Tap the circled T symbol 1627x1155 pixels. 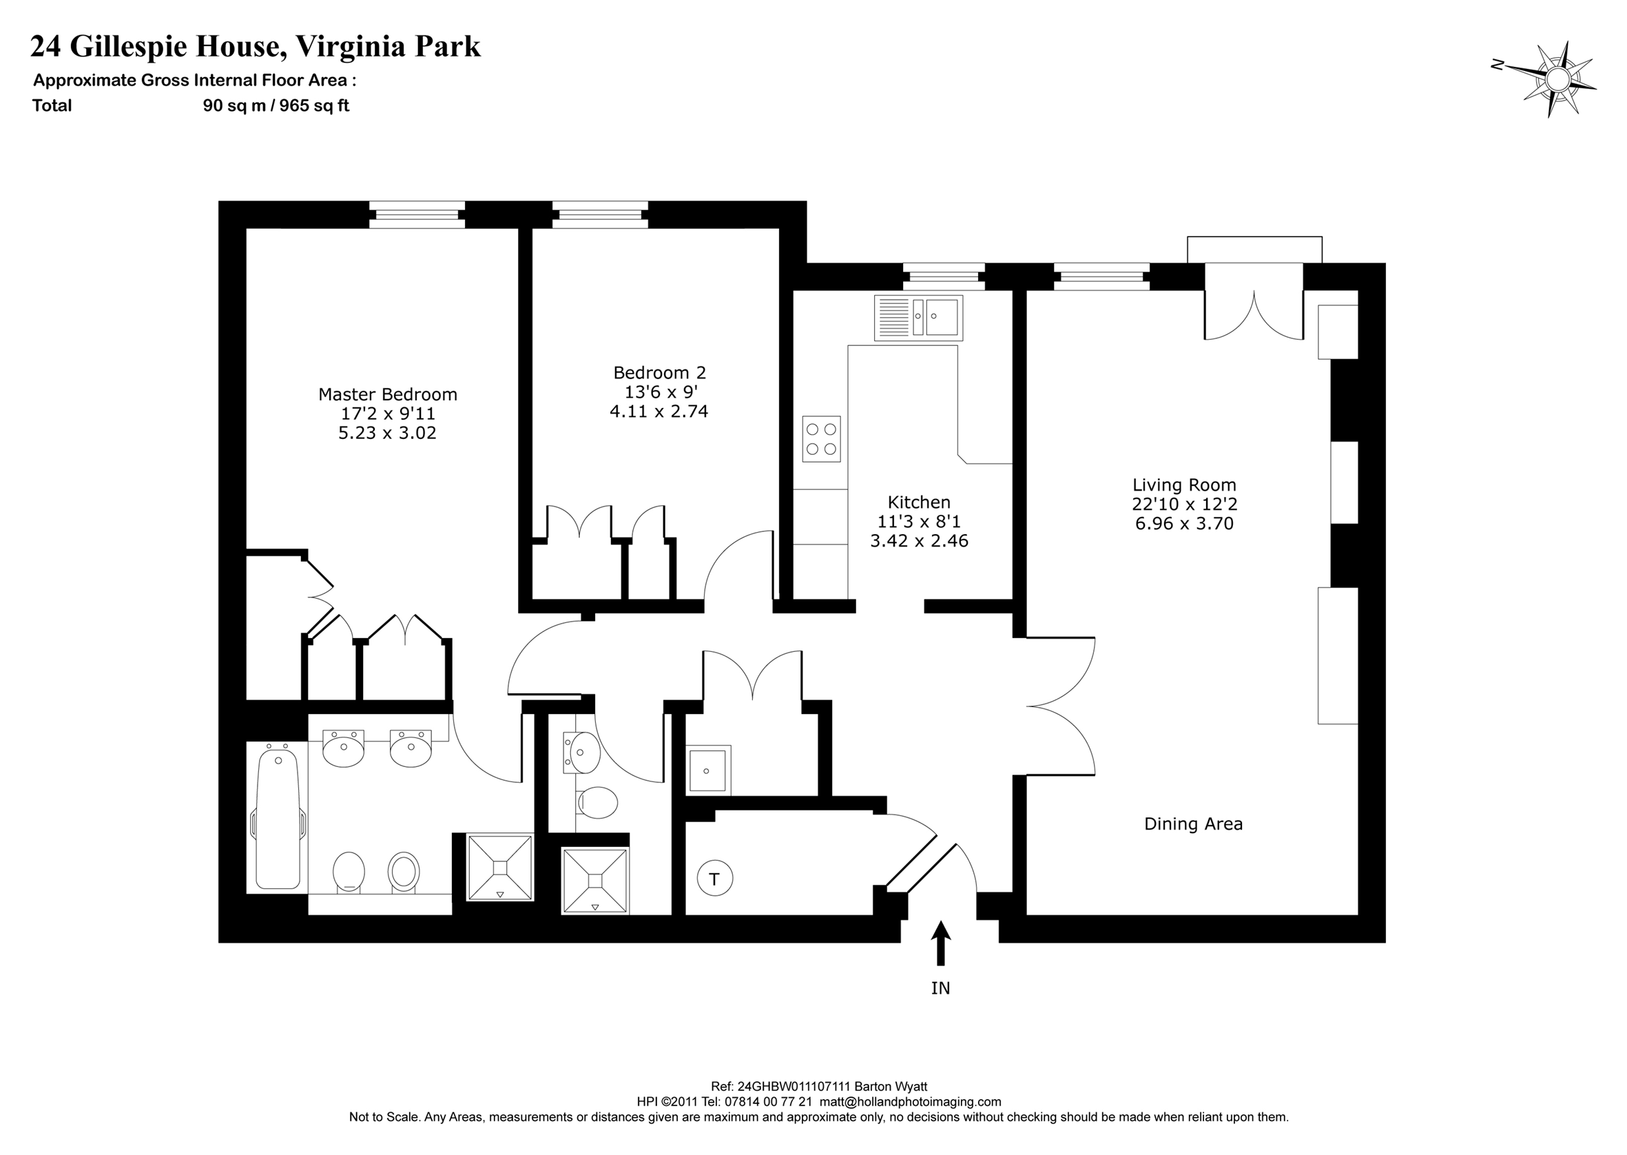714,879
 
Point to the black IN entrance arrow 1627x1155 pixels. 940,943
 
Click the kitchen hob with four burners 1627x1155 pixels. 821,439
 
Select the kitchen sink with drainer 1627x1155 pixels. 918,318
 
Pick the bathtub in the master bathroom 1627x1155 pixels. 277,818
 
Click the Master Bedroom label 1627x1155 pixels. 387,394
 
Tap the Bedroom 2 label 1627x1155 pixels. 660,373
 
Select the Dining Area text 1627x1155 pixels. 1194,824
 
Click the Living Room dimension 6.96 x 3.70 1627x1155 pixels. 1184,524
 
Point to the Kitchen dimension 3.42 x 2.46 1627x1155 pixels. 919,541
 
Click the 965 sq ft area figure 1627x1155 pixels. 314,106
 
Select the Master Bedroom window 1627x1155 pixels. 417,215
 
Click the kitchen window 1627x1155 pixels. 944,276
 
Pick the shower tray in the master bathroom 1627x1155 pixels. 499,868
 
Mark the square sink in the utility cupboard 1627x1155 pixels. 708,770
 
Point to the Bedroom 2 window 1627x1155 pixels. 600,215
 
